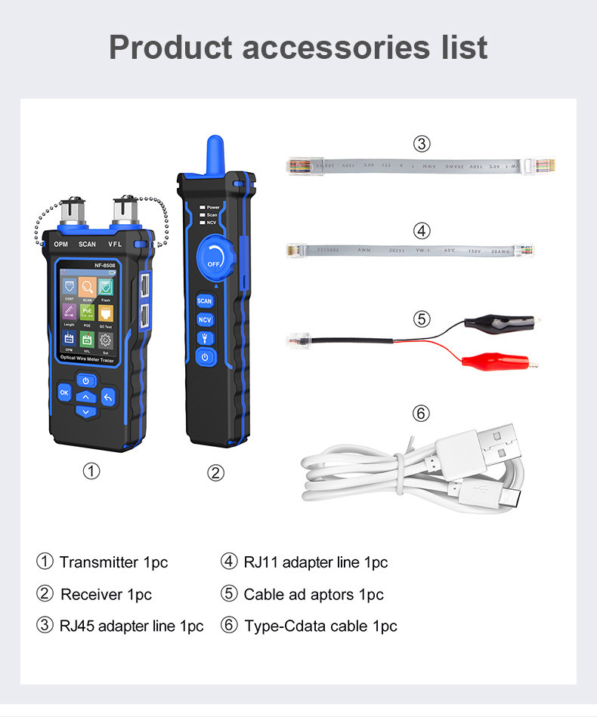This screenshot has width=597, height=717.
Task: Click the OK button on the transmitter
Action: [64, 392]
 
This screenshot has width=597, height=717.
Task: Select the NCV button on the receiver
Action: [205, 320]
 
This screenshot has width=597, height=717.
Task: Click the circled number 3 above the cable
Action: [422, 144]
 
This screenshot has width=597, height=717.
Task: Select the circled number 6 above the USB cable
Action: [422, 414]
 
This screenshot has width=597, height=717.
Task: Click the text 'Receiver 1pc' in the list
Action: [106, 595]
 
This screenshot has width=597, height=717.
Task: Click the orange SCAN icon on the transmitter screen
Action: [88, 287]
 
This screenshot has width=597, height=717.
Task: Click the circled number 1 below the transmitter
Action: [91, 472]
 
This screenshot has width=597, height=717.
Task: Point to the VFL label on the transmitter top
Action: [115, 245]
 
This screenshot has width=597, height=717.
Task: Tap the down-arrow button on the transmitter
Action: [85, 412]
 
